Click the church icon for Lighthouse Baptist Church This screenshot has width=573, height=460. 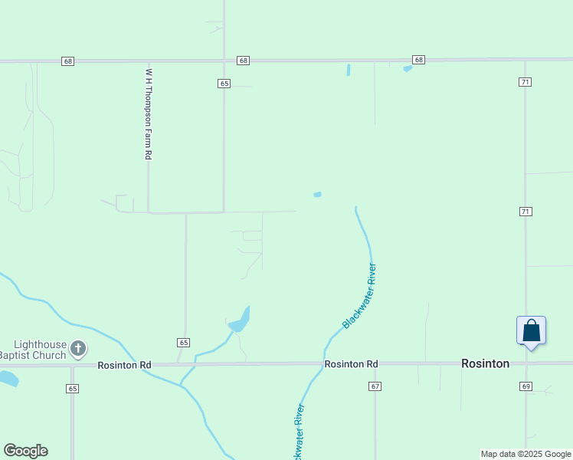click(77, 349)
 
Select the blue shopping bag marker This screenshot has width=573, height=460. click(531, 331)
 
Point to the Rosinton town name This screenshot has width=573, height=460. click(485, 363)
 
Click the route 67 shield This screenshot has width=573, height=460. click(375, 386)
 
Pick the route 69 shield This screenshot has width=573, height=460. click(526, 386)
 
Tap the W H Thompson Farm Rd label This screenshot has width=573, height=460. click(149, 113)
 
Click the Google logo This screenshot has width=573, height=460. click(25, 451)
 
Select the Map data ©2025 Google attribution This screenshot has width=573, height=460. click(526, 454)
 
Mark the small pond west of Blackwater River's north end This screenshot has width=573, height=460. click(317, 195)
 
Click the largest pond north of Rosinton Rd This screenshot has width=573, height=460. click(240, 320)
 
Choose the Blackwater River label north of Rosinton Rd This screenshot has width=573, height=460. click(360, 296)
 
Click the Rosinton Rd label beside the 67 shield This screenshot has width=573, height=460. click(351, 364)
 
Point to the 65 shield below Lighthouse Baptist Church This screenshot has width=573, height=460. click(72, 389)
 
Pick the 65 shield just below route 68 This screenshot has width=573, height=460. click(224, 83)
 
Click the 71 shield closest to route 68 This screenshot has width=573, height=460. click(525, 82)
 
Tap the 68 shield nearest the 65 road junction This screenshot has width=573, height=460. click(244, 60)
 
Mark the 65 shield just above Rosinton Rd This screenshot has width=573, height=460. click(183, 342)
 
